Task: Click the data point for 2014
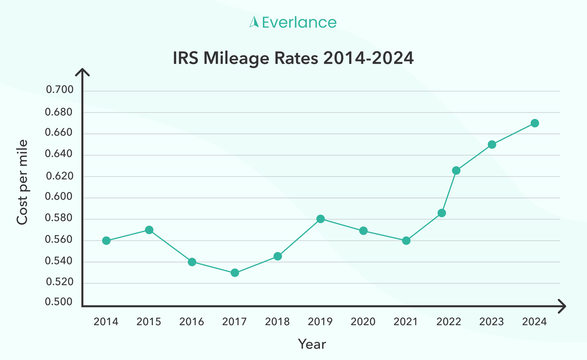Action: tap(106, 240)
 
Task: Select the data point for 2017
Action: tap(235, 273)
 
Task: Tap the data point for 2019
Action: tap(320, 219)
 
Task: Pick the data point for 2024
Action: tap(535, 123)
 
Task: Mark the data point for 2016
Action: tap(192, 262)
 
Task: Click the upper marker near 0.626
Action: tap(456, 170)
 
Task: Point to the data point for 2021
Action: tap(406, 240)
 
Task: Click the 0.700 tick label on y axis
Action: tap(59, 90)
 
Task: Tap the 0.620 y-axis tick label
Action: tap(59, 176)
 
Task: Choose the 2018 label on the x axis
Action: tap(277, 322)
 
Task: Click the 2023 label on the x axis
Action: tap(492, 322)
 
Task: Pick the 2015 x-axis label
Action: tap(149, 322)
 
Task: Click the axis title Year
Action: tap(312, 344)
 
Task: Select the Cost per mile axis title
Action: tap(22, 182)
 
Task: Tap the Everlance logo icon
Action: tap(254, 22)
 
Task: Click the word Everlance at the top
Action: tap(299, 22)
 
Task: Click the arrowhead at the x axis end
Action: tap(562, 306)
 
